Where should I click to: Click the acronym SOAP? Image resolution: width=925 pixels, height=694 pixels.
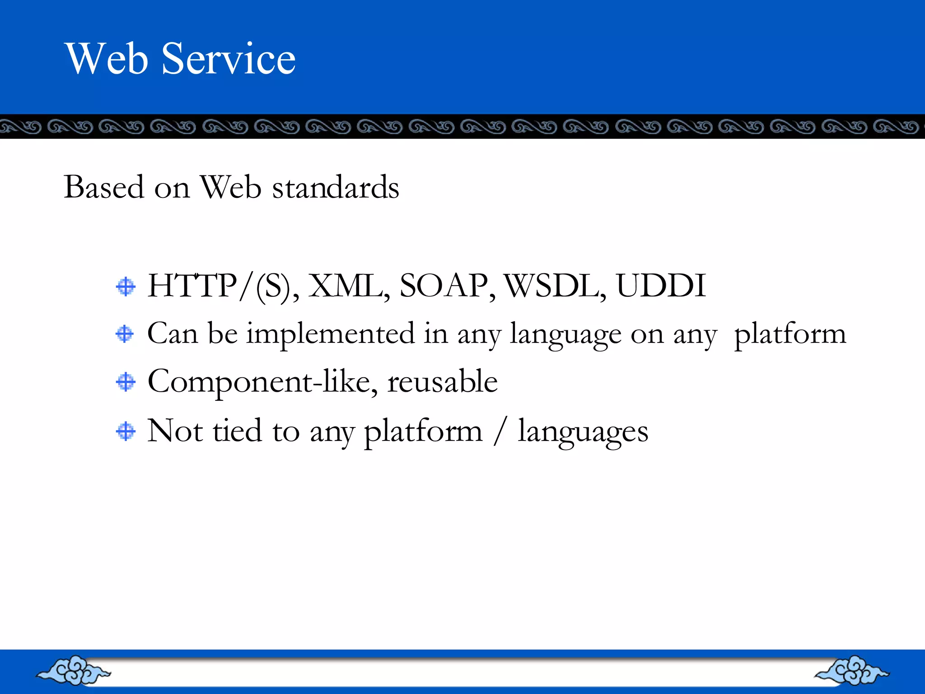click(444, 286)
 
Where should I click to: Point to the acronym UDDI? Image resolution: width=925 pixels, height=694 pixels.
click(660, 286)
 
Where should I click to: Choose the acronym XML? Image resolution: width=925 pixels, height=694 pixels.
click(346, 286)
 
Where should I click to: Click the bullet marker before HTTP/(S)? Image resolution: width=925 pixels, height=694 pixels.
click(126, 287)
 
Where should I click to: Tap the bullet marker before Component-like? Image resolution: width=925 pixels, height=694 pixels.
click(126, 382)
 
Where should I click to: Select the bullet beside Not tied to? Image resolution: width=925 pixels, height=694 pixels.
click(126, 431)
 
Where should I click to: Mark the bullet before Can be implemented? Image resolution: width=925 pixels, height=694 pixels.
click(125, 334)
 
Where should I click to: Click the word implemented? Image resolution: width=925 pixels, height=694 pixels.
click(330, 334)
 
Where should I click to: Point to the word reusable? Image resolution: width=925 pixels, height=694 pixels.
click(442, 382)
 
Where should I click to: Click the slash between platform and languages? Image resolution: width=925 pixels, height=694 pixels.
click(499, 431)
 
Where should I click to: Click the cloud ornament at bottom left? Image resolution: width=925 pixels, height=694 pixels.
click(74, 671)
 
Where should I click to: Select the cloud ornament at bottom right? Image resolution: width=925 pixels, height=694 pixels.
click(852, 671)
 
